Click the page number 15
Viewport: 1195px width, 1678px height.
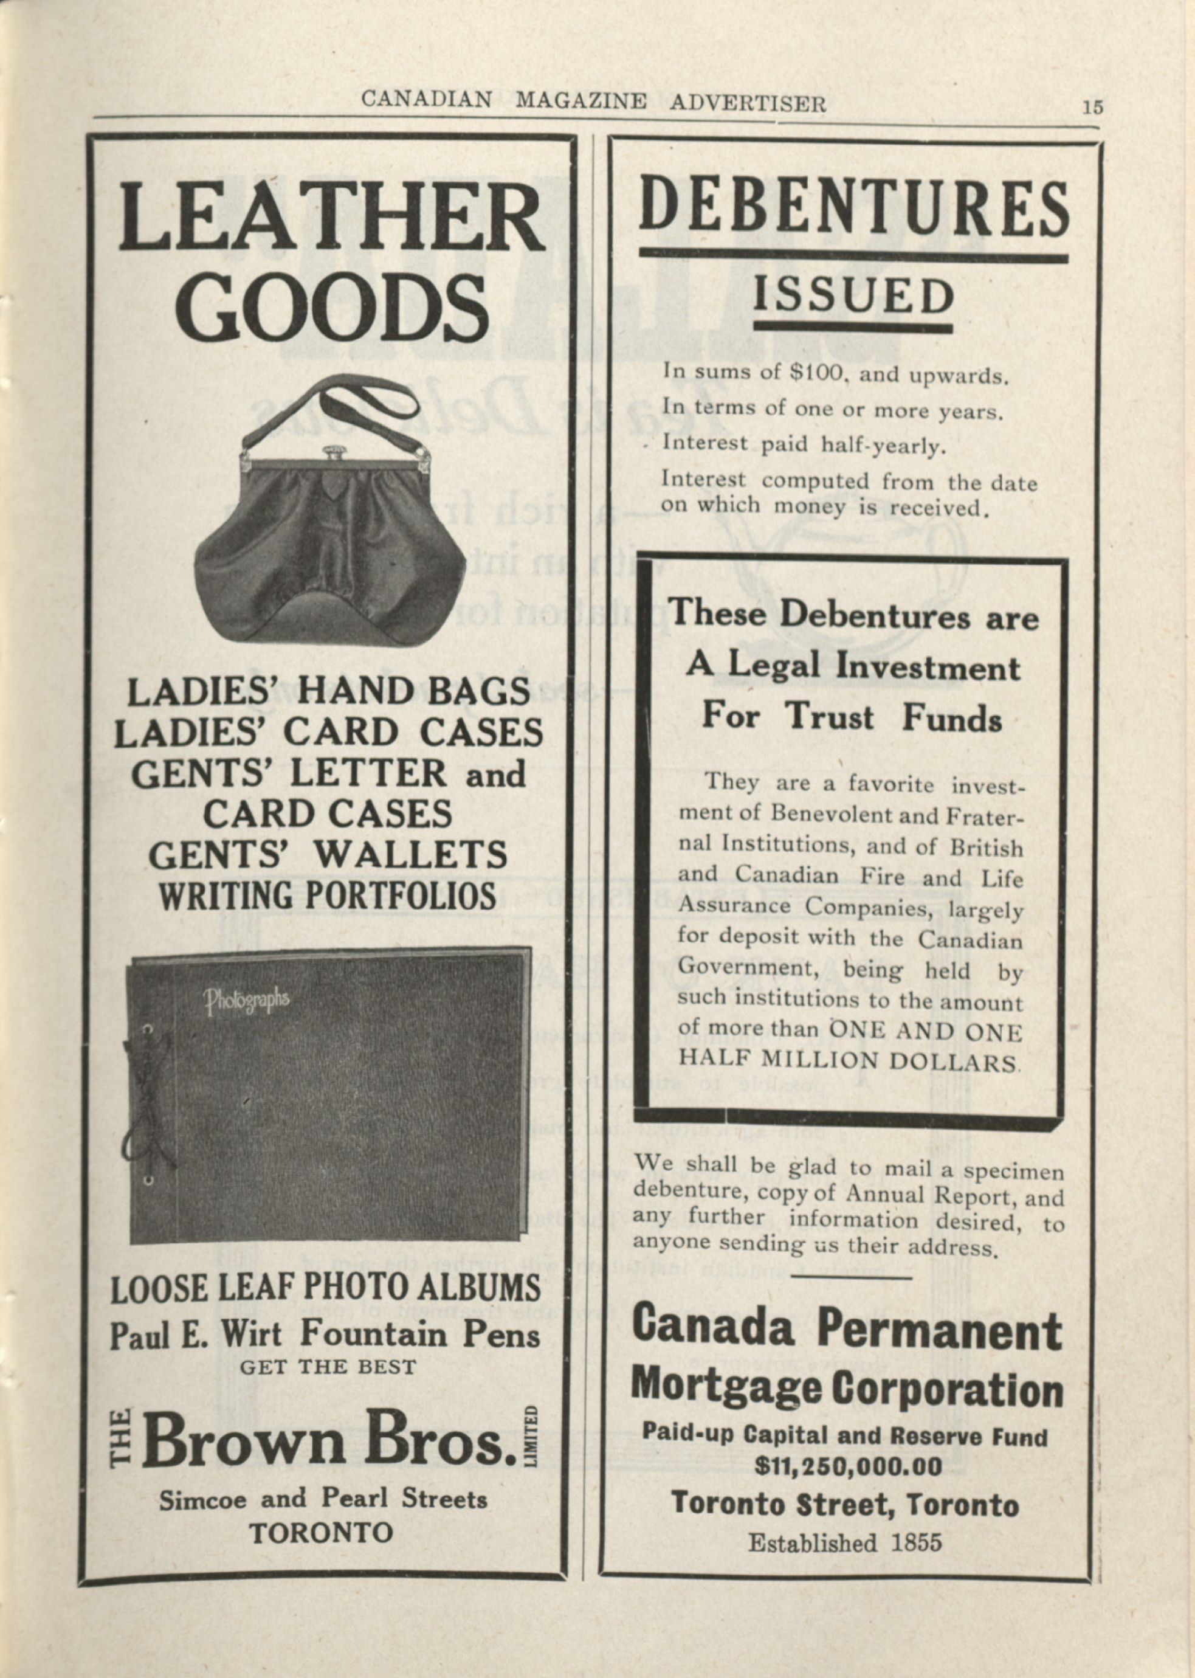click(1093, 107)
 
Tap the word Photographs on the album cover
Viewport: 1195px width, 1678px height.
click(247, 1000)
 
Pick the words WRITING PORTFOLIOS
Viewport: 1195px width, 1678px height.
click(328, 896)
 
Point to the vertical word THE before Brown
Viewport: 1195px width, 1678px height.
click(121, 1437)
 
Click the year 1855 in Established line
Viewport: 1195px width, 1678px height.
click(915, 1542)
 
